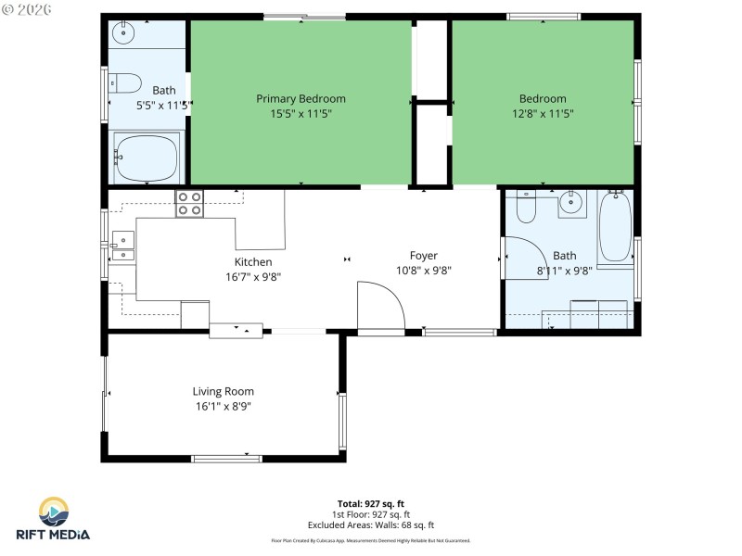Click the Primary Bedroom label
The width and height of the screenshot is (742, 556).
pos(301,99)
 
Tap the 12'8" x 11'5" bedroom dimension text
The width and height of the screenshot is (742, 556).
pos(543,114)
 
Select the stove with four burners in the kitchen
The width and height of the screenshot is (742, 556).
pos(189,204)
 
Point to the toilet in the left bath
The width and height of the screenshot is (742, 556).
pos(126,82)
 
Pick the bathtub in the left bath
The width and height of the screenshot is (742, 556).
pos(147,156)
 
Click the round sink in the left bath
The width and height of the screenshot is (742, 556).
pos(123,32)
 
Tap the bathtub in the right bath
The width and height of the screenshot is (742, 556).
pos(615,226)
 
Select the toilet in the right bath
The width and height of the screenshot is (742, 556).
pos(526,208)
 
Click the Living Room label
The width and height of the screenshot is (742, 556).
pos(223,391)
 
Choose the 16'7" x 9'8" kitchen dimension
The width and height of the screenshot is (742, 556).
pos(252,277)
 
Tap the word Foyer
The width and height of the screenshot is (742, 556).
pos(424,256)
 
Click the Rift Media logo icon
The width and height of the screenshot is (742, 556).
pos(53,512)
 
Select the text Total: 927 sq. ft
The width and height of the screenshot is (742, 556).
pos(371,503)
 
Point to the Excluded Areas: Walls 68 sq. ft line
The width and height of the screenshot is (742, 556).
pos(371,524)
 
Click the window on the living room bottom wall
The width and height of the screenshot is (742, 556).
pos(226,458)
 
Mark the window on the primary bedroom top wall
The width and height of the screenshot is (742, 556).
pos(304,17)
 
